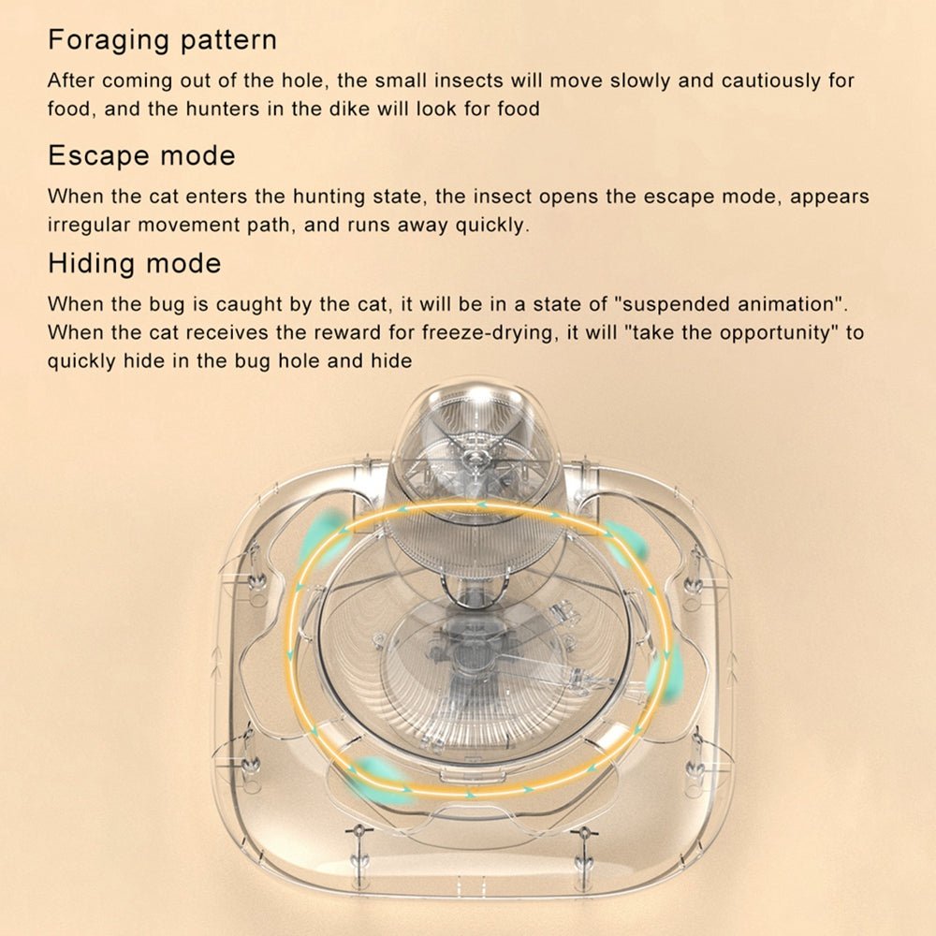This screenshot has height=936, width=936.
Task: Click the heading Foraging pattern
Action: click(x=162, y=40)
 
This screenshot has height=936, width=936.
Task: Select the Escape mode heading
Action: click(x=141, y=155)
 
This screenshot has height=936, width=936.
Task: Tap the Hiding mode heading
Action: click(x=134, y=264)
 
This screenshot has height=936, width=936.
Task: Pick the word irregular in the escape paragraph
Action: click(x=89, y=226)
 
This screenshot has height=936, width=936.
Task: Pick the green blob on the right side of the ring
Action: click(x=663, y=675)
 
